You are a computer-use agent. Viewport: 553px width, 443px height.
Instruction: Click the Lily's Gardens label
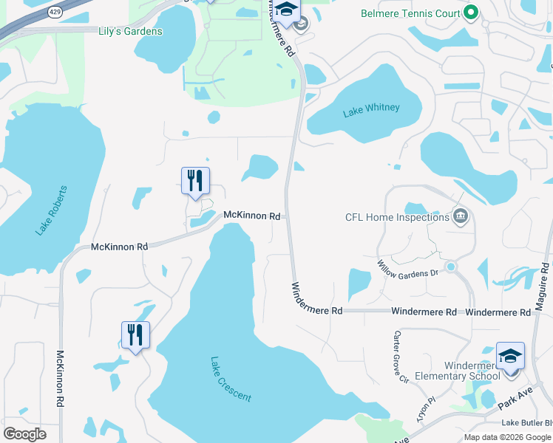coord(130,32)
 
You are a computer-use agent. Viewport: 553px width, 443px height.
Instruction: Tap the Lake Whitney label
coord(371,109)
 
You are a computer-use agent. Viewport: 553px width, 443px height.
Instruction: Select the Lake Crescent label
coord(231,380)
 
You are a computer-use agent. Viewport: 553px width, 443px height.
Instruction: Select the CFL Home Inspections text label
coord(397,217)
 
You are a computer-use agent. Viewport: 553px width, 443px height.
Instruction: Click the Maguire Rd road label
coord(543,291)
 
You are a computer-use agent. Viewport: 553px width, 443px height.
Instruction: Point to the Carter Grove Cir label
coord(399,358)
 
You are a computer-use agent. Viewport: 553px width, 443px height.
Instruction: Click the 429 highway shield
coord(55,12)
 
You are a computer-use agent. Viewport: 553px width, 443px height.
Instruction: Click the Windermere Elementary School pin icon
coord(510,356)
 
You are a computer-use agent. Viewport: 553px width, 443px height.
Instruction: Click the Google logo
coord(24,434)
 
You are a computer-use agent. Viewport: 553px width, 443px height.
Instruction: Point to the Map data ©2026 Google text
coord(508,437)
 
